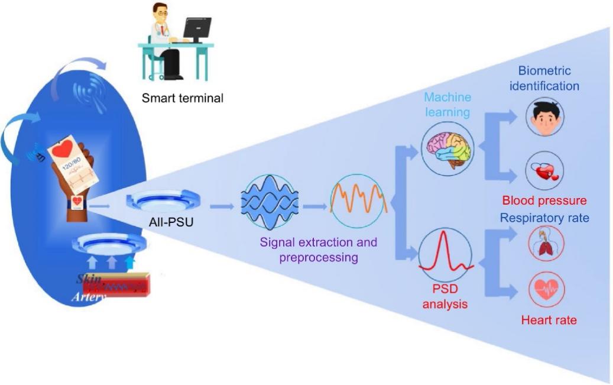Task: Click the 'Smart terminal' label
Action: tap(182, 98)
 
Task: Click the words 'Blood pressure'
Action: tap(544, 200)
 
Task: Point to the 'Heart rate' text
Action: tap(549, 321)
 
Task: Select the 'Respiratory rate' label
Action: tap(544, 218)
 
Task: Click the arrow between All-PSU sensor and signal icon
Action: tap(222, 206)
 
